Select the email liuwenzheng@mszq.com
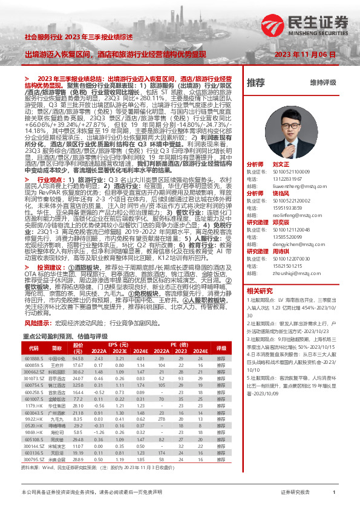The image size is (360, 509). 289,186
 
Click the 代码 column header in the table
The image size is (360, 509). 34,349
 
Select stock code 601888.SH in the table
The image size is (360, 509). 34,358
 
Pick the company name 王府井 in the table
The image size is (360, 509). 57,365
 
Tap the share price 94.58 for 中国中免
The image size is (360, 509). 77,358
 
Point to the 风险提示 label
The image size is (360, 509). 38,323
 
